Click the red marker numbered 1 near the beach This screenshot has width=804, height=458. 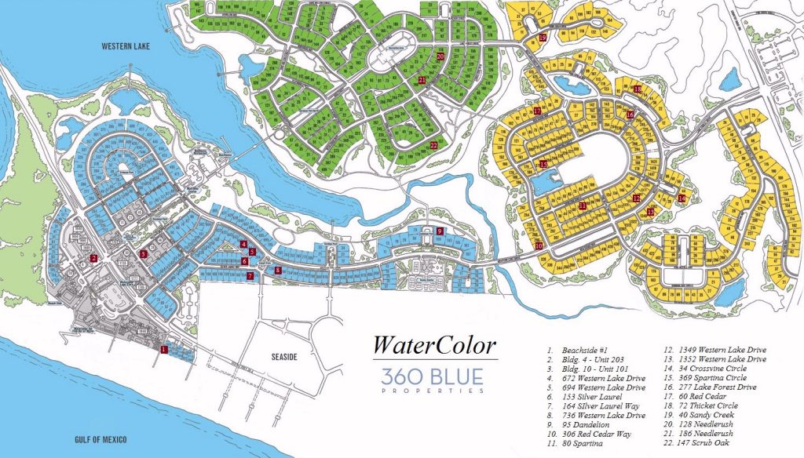coord(163,348)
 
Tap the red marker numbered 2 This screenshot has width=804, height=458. coord(93,258)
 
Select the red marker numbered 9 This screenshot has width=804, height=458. coord(440,231)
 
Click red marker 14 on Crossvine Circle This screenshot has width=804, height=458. coord(682,198)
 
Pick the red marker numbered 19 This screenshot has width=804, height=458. coord(543,37)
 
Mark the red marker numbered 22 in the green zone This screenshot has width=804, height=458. coord(433,144)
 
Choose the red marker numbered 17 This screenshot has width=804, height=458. coord(537,111)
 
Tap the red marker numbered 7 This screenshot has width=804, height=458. coord(250,276)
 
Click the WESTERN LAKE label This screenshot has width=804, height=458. coord(126,47)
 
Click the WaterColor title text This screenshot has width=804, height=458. coord(434,345)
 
